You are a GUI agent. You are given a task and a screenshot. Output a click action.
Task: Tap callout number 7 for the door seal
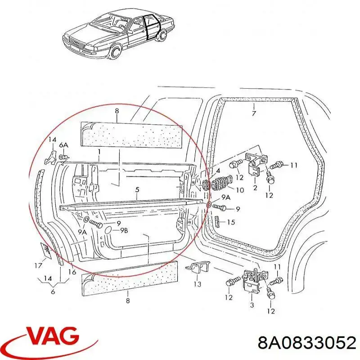click(254, 113)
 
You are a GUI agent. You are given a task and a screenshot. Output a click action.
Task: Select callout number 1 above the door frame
click(99, 152)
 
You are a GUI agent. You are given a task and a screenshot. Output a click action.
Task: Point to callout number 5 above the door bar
click(137, 190)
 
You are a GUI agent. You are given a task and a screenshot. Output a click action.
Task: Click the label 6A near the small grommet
click(63, 145)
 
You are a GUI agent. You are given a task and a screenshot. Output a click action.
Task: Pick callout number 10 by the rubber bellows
click(240, 190)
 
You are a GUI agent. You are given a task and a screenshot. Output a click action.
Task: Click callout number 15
click(231, 222)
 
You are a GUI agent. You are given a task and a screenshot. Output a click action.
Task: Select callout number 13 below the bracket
click(198, 284)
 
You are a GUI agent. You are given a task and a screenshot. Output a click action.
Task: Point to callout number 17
click(39, 265)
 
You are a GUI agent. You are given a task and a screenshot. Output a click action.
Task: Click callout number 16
click(72, 272)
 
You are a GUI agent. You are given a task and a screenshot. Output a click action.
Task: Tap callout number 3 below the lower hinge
click(252, 305)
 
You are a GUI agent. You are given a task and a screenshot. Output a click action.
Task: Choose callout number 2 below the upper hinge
click(255, 188)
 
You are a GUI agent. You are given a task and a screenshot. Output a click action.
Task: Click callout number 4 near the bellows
click(218, 171)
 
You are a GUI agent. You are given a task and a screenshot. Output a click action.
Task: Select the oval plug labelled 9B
click(109, 230)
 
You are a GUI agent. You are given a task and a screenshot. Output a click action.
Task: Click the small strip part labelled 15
click(217, 221)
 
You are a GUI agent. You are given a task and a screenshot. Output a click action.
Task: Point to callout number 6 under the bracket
click(53, 292)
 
